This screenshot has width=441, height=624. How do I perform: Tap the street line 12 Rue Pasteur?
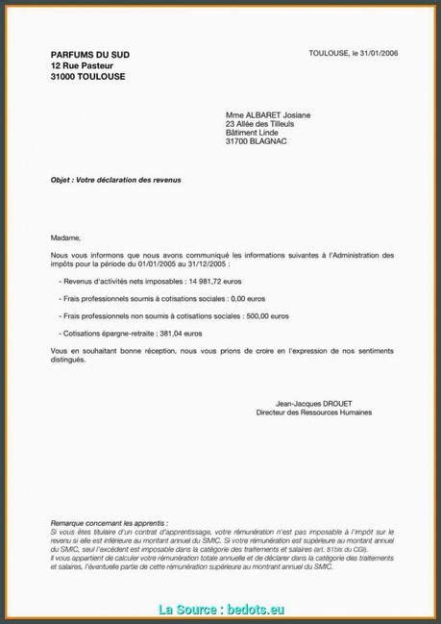point(84,65)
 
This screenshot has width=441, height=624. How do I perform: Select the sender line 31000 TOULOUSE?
point(87,76)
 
